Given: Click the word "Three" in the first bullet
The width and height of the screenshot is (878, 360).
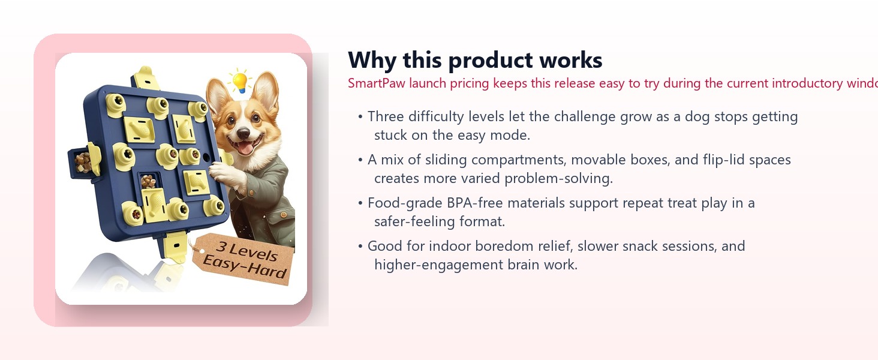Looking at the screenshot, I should [x=386, y=116].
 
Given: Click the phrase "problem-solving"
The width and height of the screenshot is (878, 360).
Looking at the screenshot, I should [x=567, y=178].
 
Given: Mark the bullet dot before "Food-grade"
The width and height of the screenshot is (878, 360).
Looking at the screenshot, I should [x=360, y=203].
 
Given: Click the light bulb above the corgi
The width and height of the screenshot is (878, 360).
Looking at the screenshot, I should [x=240, y=81].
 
